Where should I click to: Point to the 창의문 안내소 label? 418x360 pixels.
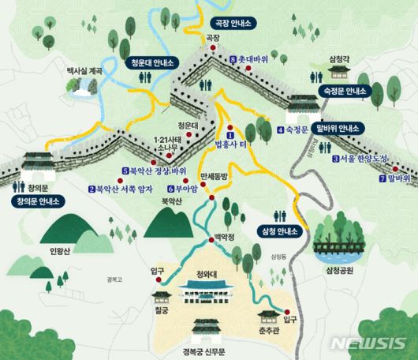[x=38, y=201]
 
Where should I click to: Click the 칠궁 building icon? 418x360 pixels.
[x=161, y=298]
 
